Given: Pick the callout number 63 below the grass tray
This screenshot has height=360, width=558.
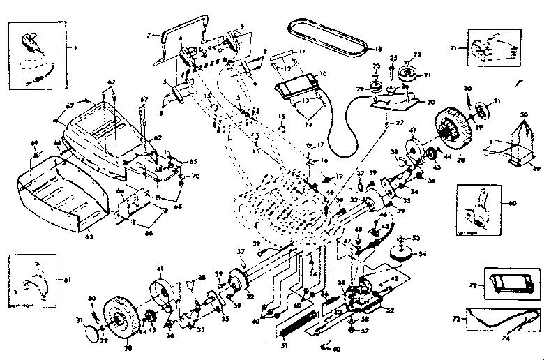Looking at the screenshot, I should (89, 236).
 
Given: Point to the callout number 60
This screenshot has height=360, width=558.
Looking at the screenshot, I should (513, 204).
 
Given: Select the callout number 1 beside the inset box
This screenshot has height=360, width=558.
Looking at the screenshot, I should (76, 47).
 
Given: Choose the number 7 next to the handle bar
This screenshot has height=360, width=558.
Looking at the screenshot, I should (148, 34).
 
